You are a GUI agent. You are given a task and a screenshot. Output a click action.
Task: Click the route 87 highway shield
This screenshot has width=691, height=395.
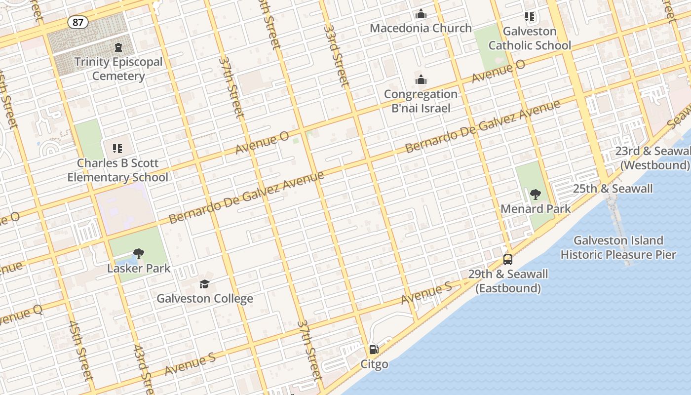tap(78, 22)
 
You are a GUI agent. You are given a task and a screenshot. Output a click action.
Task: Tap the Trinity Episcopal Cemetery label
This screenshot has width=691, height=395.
tap(118, 69)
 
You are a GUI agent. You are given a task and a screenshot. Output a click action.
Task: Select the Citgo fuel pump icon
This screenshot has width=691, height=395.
tap(374, 350)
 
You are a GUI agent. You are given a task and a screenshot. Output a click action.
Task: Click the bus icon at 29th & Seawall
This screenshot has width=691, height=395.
tap(507, 259)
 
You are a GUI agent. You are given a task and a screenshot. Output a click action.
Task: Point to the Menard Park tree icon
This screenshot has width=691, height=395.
tap(536, 195)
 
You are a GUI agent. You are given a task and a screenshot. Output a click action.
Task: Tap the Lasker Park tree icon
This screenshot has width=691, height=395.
tap(139, 254)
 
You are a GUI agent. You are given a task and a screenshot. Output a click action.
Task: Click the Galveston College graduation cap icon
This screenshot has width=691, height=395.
tap(204, 284)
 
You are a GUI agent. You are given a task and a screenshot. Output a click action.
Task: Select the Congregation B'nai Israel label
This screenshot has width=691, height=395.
tap(421, 101)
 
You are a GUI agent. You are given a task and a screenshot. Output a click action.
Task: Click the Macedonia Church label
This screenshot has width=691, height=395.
tap(421, 28)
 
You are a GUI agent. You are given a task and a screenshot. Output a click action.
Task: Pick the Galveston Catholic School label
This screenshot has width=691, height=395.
tap(530, 39)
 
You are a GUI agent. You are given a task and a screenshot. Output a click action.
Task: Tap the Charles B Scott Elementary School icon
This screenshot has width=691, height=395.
tap(117, 148)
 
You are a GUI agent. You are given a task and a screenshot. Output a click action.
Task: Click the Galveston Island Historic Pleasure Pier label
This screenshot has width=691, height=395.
tap(618, 248)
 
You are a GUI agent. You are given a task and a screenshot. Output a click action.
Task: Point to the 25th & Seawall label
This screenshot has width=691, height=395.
tap(613, 189)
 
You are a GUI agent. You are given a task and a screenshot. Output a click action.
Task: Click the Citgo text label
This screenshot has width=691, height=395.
tap(374, 364)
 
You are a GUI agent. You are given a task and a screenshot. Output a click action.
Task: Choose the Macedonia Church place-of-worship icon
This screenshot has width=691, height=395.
tap(421, 14)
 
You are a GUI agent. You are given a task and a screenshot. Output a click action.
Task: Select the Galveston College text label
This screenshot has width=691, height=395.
tap(205, 299)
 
